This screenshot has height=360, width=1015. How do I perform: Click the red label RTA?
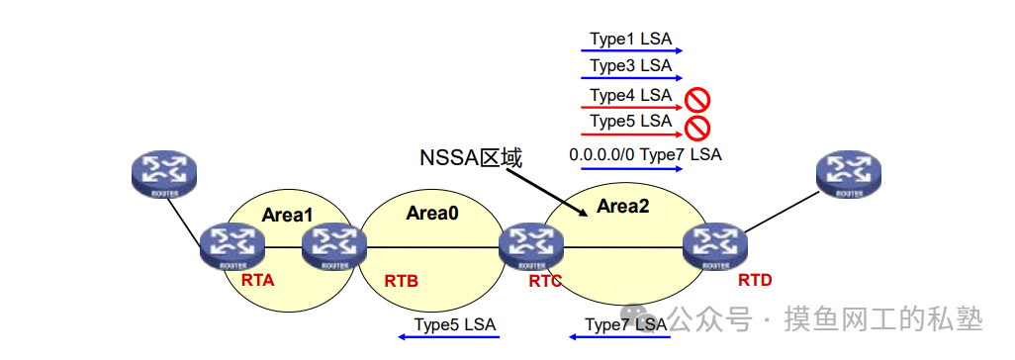(257, 280)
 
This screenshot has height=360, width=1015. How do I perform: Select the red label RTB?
(401, 281)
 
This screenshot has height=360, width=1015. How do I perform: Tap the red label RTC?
(545, 281)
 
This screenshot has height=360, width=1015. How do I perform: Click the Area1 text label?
(287, 215)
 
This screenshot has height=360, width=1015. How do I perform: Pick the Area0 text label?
(432, 212)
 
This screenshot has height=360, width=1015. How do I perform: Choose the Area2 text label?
(623, 207)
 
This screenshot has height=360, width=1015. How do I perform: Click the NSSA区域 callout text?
(470, 157)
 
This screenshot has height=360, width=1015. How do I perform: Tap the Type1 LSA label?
(630, 40)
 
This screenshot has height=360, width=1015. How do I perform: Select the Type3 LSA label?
(630, 66)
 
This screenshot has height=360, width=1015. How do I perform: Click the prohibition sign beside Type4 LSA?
(697, 98)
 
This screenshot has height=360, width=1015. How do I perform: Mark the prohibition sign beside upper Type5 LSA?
(697, 127)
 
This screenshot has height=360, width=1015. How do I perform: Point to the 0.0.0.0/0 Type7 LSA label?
(645, 155)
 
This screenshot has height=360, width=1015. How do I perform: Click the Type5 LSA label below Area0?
(454, 324)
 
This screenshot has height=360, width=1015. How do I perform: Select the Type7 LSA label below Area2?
(625, 324)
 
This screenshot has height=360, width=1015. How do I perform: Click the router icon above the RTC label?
(531, 246)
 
